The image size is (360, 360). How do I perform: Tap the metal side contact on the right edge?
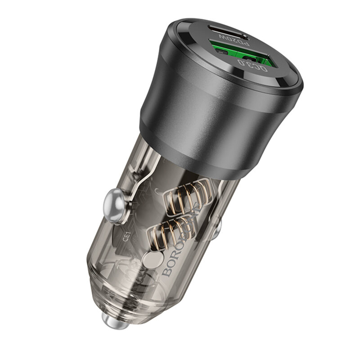point(216,229)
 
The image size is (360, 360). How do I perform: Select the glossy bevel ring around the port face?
point(288,81)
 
